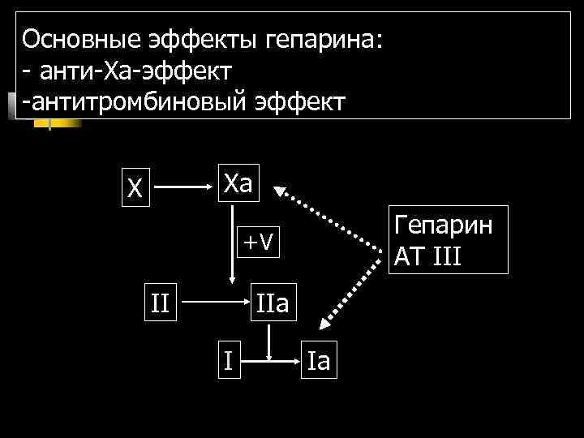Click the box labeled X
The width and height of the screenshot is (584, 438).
(x=135, y=188)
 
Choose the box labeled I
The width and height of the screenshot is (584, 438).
(x=230, y=359)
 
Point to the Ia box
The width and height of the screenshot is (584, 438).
(x=319, y=359)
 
